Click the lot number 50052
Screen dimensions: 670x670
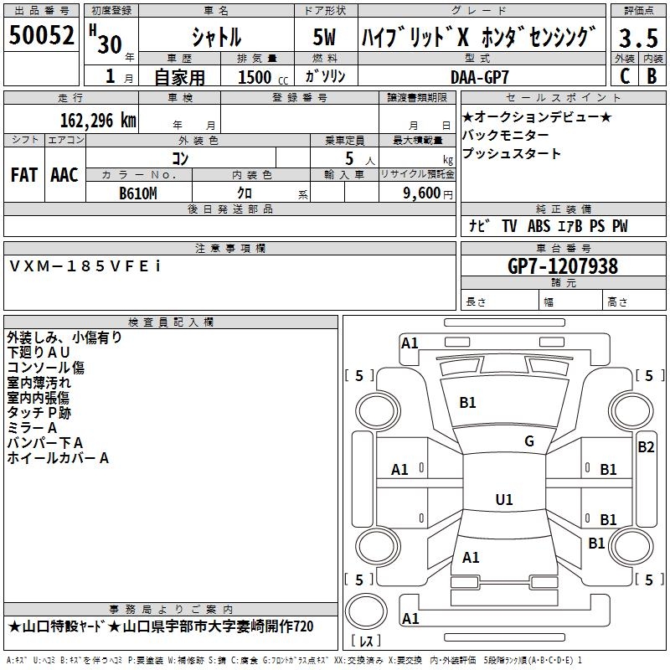[x=41, y=35]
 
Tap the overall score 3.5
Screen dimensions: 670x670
[x=638, y=38]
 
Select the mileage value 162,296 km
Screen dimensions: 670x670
[x=98, y=121]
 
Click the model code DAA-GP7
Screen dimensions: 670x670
[x=480, y=77]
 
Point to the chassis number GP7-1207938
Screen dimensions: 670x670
[x=563, y=266]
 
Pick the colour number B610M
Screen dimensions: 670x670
[x=138, y=193]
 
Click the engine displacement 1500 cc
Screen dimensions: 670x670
[x=263, y=77]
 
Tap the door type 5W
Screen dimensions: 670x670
[x=324, y=37]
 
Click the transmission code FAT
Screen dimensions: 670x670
[x=24, y=175]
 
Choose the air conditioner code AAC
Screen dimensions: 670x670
[x=64, y=175]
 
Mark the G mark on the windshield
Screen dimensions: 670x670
[x=529, y=441]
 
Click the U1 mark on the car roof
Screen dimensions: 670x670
[x=504, y=499]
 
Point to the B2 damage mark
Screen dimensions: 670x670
[x=646, y=447]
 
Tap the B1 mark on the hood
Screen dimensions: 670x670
[x=467, y=403]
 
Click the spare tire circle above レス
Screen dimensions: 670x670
[x=366, y=611]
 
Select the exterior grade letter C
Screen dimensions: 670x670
[x=625, y=76]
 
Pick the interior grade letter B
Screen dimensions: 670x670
[x=652, y=76]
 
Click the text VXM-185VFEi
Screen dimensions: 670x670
[x=85, y=266]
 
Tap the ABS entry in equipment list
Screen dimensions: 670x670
[x=539, y=226]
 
